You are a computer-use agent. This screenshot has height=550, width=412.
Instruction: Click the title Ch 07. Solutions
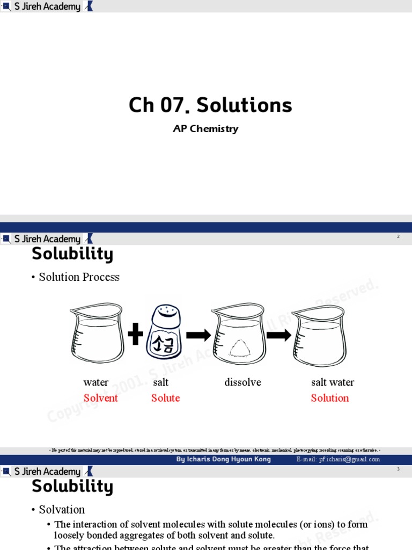210,105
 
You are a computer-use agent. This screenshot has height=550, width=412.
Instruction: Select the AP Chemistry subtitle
205,129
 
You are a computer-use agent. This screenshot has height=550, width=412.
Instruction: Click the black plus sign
136,335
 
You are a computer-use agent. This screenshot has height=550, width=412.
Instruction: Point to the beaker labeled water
97,334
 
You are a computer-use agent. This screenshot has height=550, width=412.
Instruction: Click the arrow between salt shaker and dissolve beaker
198,335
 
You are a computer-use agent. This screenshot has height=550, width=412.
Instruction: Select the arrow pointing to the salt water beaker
278,335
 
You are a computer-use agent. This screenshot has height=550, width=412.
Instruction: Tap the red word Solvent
100,398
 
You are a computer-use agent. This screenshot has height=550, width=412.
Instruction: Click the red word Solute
165,398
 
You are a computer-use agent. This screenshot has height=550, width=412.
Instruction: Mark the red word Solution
329,398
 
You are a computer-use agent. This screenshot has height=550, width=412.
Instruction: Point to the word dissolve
242,382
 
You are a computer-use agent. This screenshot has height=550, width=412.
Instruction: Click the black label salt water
333,382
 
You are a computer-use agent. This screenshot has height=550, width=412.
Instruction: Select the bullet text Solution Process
79,277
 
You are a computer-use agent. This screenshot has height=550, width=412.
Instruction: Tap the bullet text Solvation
62,510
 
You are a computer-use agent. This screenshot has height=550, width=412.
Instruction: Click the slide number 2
398,236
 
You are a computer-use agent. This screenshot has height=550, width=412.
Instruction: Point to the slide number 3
398,469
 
